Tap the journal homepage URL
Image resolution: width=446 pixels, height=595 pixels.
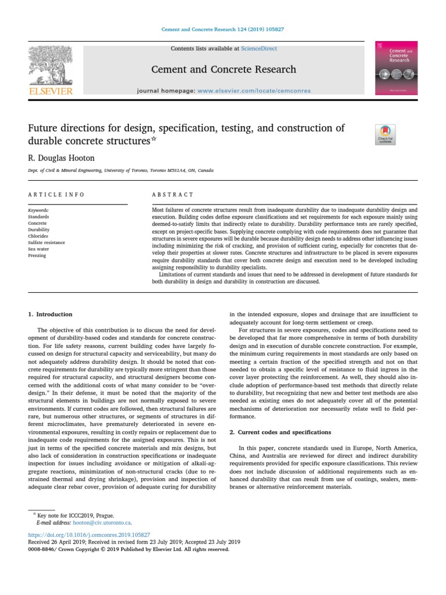tap(254, 91)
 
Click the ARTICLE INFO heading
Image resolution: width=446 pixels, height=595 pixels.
tap(56, 195)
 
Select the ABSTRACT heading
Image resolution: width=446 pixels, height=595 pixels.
tap(172, 195)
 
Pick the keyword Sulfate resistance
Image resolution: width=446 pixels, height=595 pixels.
tap(46, 242)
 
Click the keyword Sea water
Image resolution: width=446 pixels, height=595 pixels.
tap(39, 249)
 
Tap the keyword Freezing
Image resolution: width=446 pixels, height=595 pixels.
tap(37, 255)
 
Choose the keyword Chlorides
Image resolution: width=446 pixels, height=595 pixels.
tap(38, 236)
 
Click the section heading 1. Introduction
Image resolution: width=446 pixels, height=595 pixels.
tap(51, 314)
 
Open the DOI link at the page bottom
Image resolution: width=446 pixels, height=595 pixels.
tap(89, 534)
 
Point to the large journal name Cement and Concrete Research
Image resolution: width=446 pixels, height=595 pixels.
tap(224, 69)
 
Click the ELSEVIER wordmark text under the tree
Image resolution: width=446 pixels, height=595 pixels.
tap(51, 91)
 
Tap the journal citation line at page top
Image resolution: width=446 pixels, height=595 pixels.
tap(222, 29)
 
